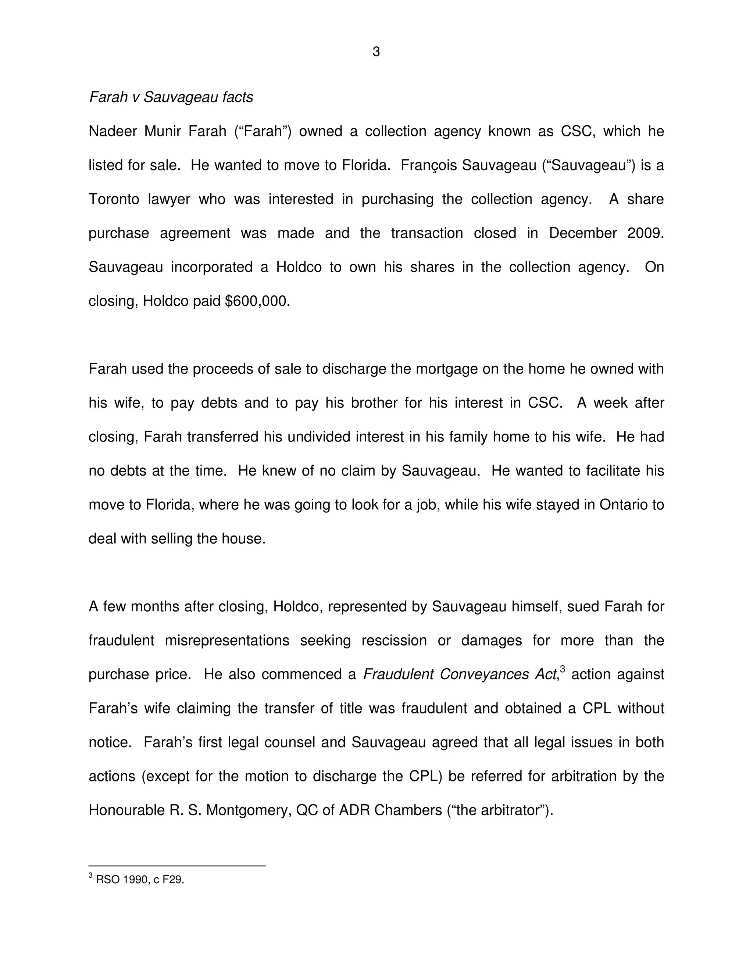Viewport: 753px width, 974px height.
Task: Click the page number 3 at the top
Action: pos(376,52)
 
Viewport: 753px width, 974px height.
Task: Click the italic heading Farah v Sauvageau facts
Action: pos(171,97)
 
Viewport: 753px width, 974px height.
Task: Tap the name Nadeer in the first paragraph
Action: pos(113,132)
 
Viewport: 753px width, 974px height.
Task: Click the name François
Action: pos(428,165)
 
